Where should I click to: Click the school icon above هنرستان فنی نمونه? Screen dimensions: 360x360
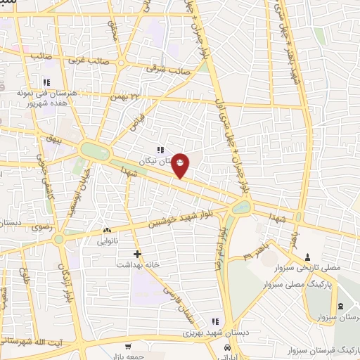(x=46, y=82)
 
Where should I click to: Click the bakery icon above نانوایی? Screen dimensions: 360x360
(x=107, y=231)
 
